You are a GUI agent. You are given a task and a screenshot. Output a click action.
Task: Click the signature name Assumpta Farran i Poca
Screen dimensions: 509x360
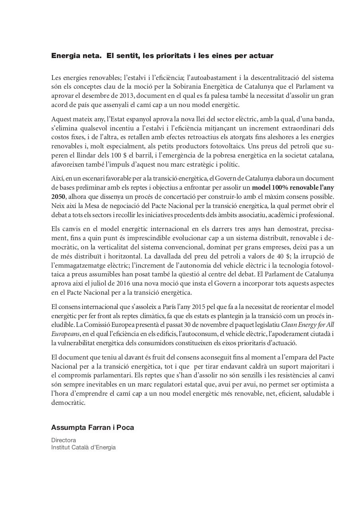coord(93,427)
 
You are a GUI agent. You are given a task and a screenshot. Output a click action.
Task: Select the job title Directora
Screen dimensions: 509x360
coord(64,440)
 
